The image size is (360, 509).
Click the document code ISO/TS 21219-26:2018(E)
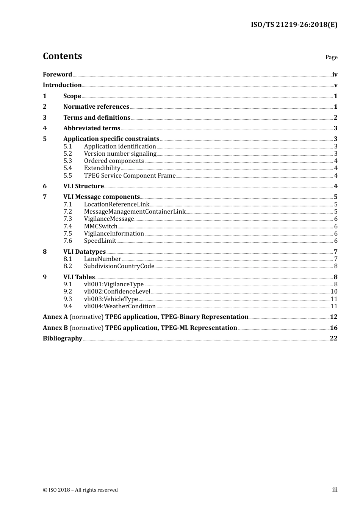(x=294, y=25)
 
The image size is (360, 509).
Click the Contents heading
(x=62, y=56)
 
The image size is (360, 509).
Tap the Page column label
(x=331, y=57)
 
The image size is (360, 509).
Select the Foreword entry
(x=57, y=75)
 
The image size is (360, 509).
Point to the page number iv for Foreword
(x=335, y=75)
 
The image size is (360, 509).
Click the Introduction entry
(x=62, y=85)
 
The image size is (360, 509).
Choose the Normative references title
(x=96, y=107)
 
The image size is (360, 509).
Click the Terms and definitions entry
(x=97, y=118)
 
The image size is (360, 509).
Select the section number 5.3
(x=67, y=161)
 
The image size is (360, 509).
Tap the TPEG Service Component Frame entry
(x=130, y=176)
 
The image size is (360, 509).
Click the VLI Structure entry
(x=83, y=186)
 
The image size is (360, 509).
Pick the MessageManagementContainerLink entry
(x=135, y=212)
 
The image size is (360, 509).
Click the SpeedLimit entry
(x=100, y=241)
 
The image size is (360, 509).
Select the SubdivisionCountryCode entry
(x=119, y=266)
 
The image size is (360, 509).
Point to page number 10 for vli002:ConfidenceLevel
(x=334, y=292)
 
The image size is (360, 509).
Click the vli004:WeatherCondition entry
(x=120, y=306)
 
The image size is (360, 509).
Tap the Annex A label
(x=55, y=317)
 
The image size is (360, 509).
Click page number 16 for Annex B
(x=333, y=328)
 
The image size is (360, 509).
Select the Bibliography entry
(x=63, y=339)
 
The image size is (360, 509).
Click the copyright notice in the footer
(x=80, y=490)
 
